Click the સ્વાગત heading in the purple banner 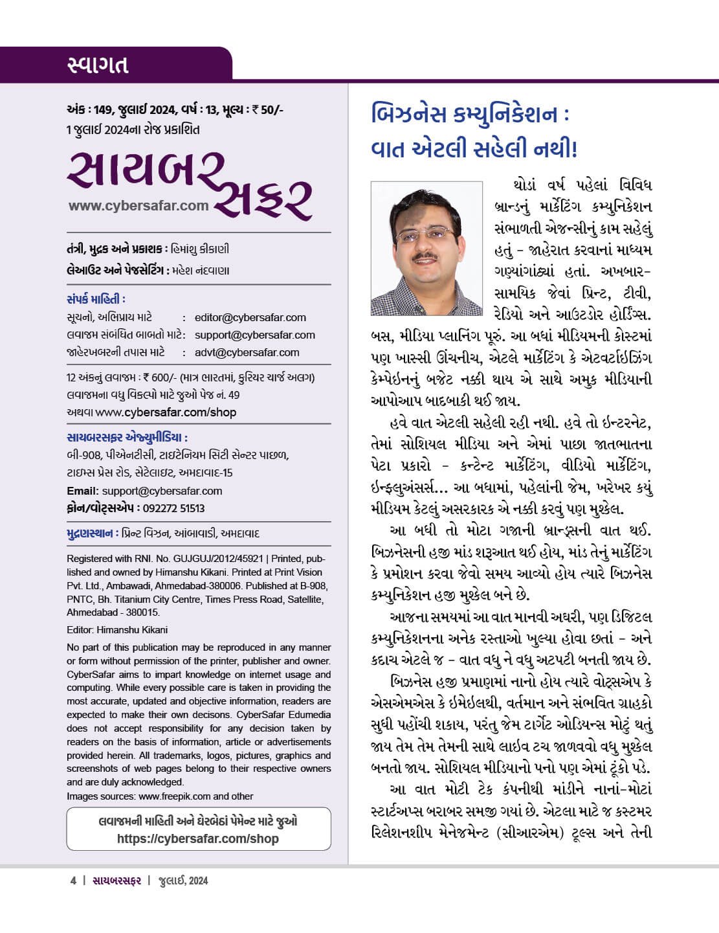click(98, 65)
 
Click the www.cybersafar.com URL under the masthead click(138, 206)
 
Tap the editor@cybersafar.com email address click(250, 317)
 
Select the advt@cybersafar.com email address click(247, 352)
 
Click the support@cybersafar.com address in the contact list click(254, 335)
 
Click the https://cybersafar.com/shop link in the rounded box click(198, 838)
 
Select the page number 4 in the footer click(73, 881)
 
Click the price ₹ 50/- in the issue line click(267, 109)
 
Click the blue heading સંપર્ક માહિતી click(96, 299)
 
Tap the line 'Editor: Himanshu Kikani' click(118, 629)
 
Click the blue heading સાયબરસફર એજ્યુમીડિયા click(127, 437)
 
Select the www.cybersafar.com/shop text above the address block click(166, 412)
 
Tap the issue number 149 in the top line click(104, 109)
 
